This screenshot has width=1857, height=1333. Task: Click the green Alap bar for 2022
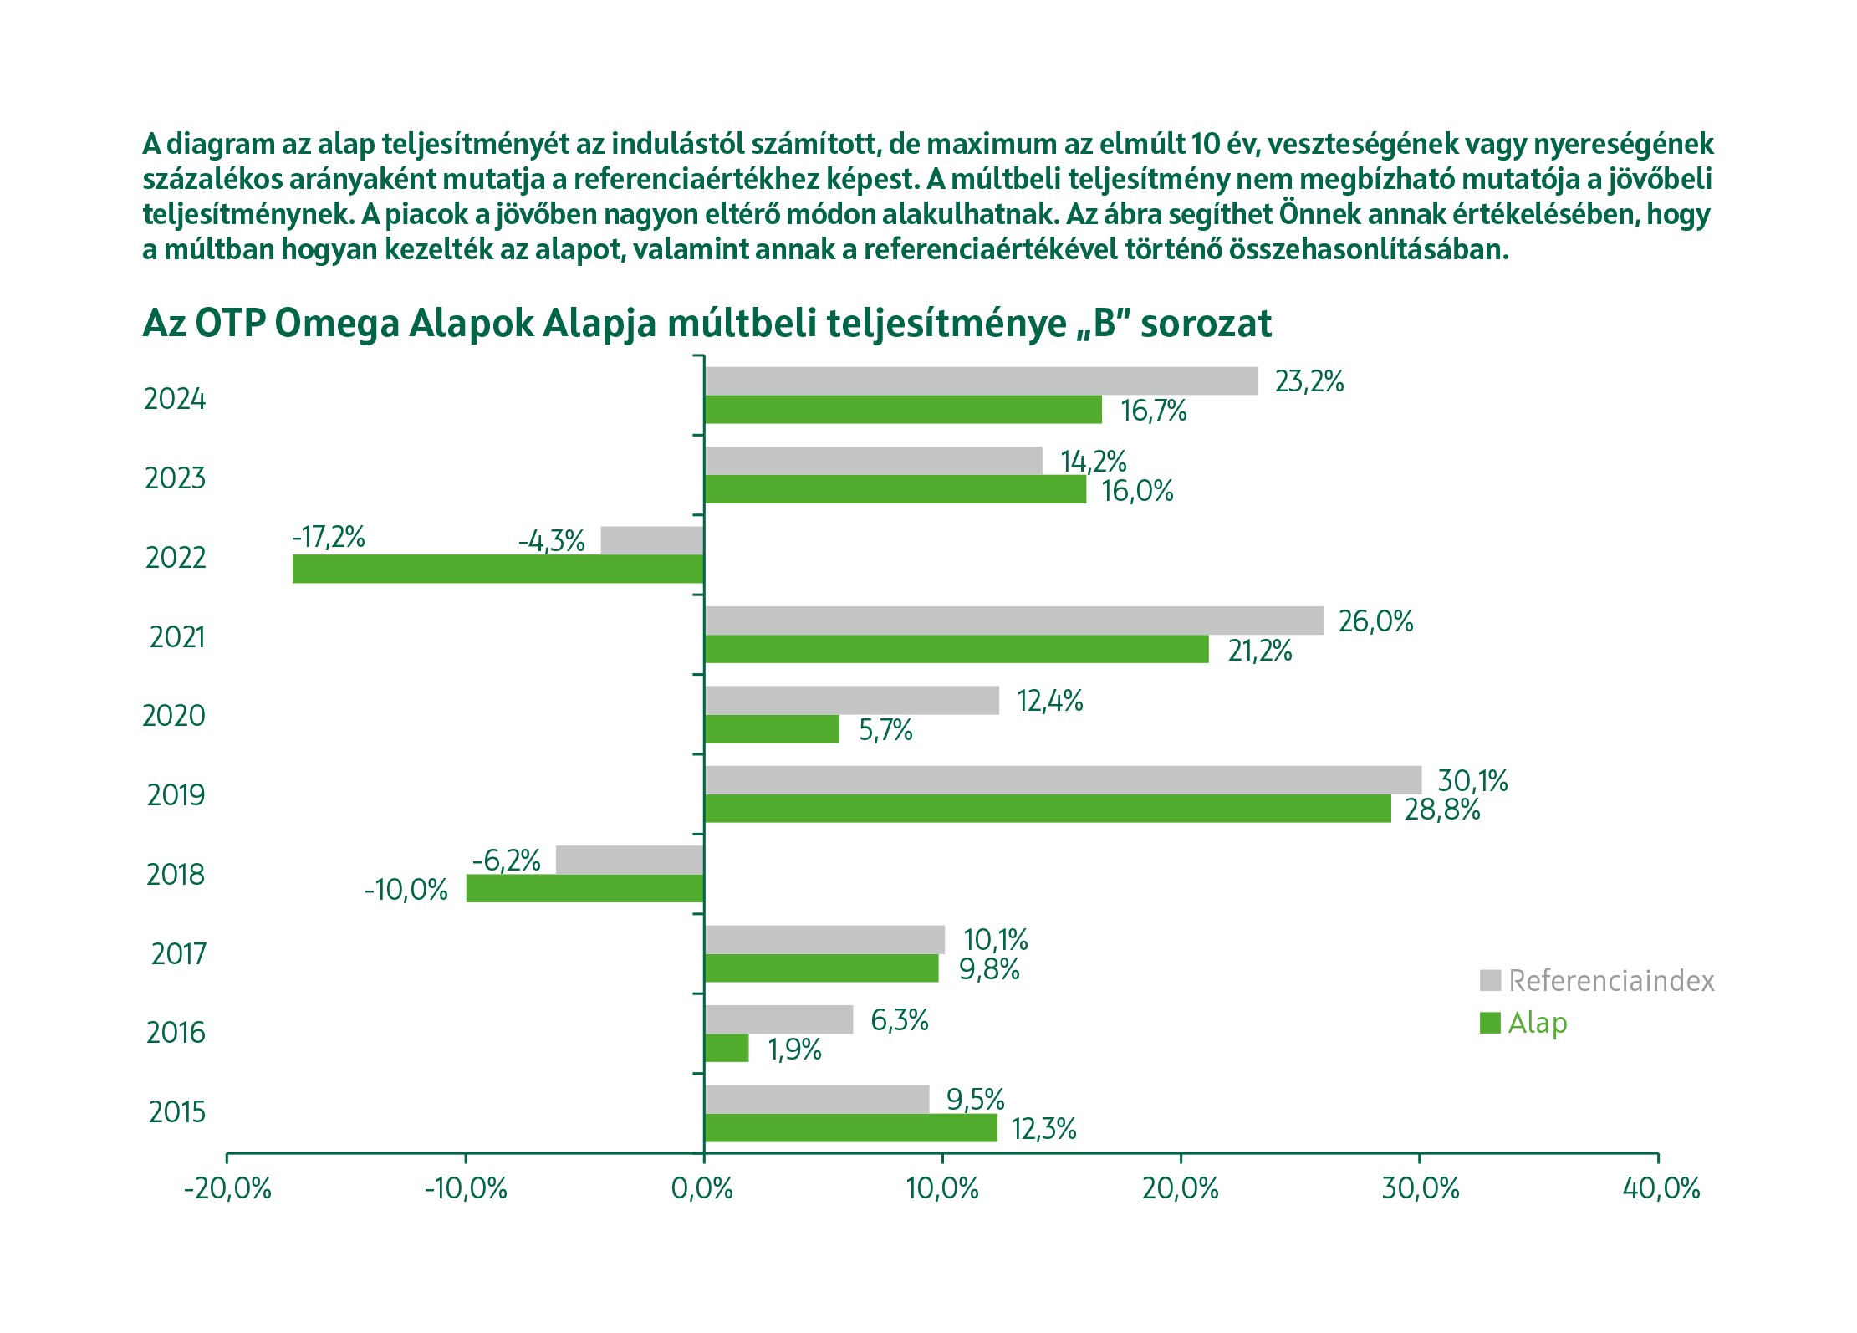click(x=497, y=569)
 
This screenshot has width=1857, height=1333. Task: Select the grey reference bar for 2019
click(x=1062, y=779)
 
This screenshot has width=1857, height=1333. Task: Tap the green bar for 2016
click(x=726, y=1048)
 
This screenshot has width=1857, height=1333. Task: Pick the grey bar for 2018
click(x=630, y=860)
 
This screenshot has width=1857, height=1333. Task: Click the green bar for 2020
click(x=771, y=728)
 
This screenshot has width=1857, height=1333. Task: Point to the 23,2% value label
click(x=1309, y=381)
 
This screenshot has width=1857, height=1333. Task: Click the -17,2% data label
click(x=329, y=537)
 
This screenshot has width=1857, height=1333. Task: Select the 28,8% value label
click(x=1442, y=810)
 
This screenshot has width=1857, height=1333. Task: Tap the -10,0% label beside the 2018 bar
click(x=406, y=889)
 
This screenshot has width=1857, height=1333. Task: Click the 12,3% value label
click(x=1043, y=1129)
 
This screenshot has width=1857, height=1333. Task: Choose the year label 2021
click(x=177, y=637)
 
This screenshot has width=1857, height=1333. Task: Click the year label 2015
click(x=177, y=1112)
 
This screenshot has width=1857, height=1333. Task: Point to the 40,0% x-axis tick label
click(x=1661, y=1188)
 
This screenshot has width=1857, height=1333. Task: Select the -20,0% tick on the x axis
click(x=227, y=1188)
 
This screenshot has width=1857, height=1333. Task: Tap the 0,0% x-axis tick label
click(x=702, y=1188)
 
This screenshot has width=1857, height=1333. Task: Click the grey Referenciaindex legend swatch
click(x=1490, y=980)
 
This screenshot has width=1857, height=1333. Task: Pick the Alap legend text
click(x=1538, y=1023)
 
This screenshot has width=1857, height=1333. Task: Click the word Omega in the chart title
click(x=337, y=324)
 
